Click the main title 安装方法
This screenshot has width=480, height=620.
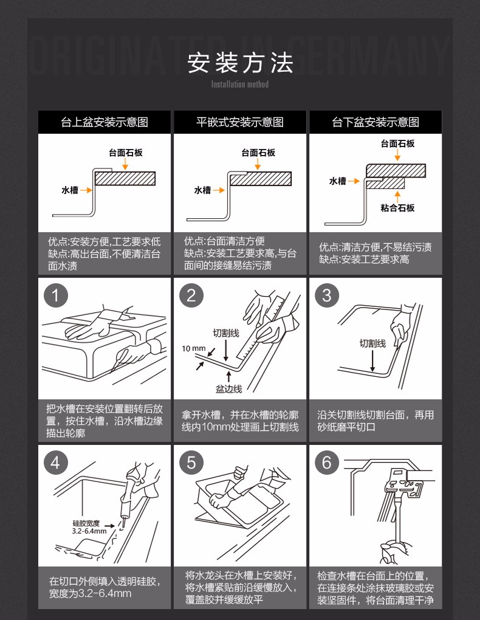click(240, 63)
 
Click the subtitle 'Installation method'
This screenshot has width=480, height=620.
click(240, 84)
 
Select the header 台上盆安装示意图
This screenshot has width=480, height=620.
click(105, 122)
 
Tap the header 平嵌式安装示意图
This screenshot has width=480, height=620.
click(240, 122)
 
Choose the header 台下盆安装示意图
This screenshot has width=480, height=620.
click(375, 122)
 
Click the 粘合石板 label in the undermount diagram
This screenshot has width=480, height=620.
click(397, 208)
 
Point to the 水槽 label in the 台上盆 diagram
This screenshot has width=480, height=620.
click(70, 190)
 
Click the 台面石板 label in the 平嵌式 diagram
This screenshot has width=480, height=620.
click(258, 153)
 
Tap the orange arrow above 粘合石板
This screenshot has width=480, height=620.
click(397, 196)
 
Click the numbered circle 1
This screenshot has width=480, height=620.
click(56, 295)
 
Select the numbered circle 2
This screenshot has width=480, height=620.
click(191, 295)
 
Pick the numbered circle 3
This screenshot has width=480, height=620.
click(327, 295)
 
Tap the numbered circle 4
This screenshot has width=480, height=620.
click(56, 463)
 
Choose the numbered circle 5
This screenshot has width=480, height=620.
click(191, 463)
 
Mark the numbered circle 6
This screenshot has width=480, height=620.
click(327, 463)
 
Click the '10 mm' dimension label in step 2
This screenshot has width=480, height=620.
click(194, 348)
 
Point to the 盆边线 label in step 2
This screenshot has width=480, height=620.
click(228, 389)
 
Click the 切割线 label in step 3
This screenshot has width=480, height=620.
click(372, 343)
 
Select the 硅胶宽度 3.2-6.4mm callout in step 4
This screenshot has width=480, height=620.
click(89, 528)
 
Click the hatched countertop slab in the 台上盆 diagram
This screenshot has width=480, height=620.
click(125, 179)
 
